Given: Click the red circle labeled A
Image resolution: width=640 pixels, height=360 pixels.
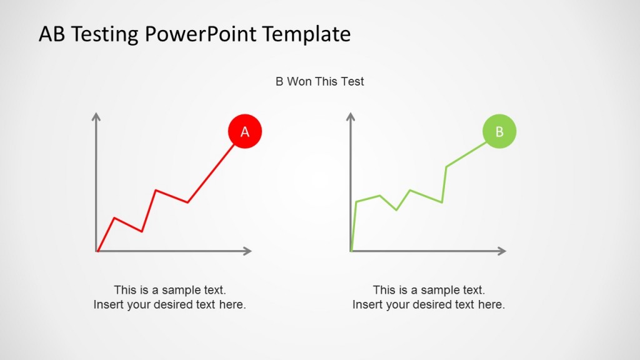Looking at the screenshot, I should tap(244, 131).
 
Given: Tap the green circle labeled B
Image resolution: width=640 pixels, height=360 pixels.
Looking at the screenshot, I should tap(499, 131).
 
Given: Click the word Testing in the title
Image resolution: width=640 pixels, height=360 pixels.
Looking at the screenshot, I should tap(107, 34).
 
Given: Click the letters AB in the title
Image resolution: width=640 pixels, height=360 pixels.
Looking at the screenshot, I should tap(52, 34).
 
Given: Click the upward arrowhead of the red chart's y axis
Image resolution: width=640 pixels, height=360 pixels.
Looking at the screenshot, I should tap(96, 116).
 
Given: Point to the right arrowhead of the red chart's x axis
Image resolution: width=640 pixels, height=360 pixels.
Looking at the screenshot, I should tap(248, 251).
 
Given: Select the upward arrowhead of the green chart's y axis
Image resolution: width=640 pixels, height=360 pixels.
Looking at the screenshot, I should tap(351, 116).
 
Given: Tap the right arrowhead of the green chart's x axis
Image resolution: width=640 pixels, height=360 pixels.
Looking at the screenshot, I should tap(502, 251).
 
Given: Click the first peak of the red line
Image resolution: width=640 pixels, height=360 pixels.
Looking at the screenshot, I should tap(114, 217).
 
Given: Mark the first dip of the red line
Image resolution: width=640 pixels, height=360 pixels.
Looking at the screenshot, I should tap(142, 232).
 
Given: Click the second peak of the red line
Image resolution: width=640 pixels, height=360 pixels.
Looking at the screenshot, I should tap(156, 190).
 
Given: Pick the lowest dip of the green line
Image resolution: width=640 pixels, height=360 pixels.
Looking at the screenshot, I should tap(396, 210).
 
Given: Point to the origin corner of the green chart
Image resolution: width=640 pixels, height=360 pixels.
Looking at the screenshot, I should tap(351, 251).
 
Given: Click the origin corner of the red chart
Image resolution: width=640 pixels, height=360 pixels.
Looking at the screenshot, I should tap(97, 251).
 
